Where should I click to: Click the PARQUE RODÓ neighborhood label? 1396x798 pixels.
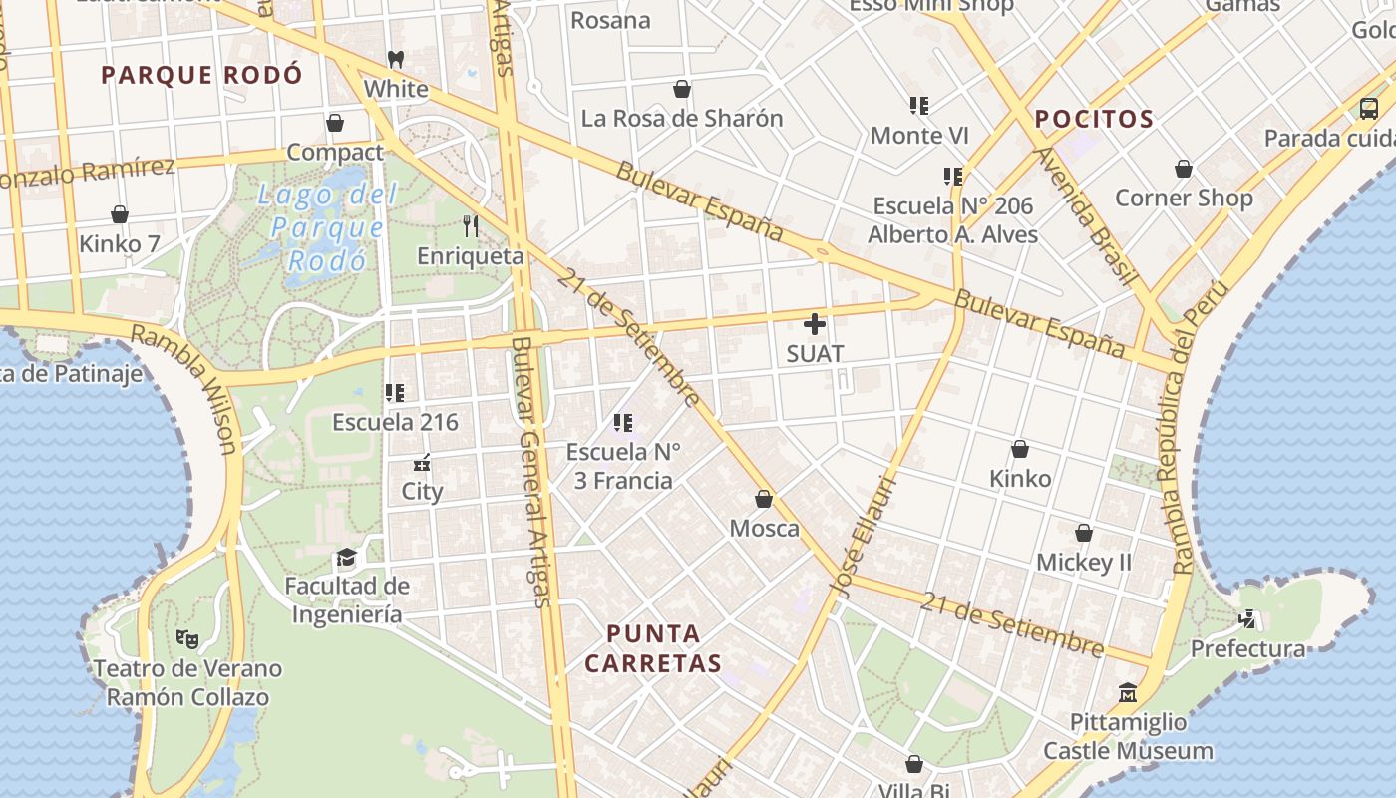(x=201, y=75)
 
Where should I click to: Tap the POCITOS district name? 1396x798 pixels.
(x=1094, y=120)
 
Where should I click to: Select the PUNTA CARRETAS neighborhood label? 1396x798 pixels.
(x=653, y=648)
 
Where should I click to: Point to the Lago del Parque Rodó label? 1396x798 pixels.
(x=326, y=227)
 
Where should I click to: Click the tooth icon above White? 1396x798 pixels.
(x=396, y=59)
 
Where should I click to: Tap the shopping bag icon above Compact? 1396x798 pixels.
(x=335, y=123)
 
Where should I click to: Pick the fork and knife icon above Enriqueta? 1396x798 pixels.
(x=471, y=226)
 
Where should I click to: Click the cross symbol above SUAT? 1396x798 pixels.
(x=815, y=324)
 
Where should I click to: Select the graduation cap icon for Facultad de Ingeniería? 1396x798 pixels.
(x=346, y=556)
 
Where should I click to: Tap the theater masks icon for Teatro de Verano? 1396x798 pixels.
(x=186, y=638)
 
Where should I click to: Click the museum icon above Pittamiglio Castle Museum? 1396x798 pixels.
(x=1128, y=692)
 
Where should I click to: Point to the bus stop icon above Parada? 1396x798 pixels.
(x=1369, y=109)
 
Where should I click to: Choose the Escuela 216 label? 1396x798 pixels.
(x=395, y=422)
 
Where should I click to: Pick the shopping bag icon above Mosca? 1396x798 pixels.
(x=764, y=499)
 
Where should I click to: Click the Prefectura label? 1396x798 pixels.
(x=1247, y=649)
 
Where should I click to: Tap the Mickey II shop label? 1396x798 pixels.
(x=1084, y=562)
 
